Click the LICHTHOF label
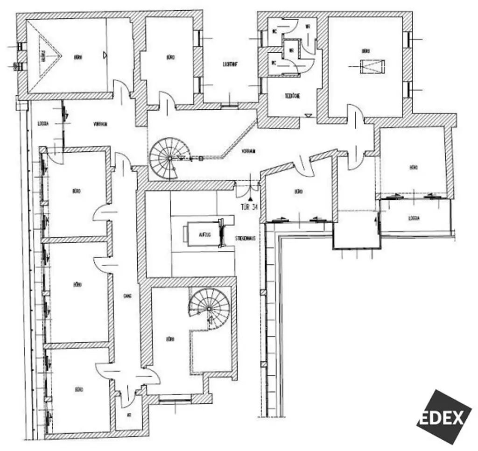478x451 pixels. coord(231,65)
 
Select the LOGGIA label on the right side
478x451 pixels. coord(414,218)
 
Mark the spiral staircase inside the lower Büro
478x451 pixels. coord(209,308)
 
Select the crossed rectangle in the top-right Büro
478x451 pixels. coord(373,67)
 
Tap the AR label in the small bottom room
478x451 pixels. coord(129,414)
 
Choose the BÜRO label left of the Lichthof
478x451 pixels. coord(170,57)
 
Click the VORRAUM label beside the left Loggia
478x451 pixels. coord(100,124)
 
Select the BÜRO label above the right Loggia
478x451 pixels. coord(414,167)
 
